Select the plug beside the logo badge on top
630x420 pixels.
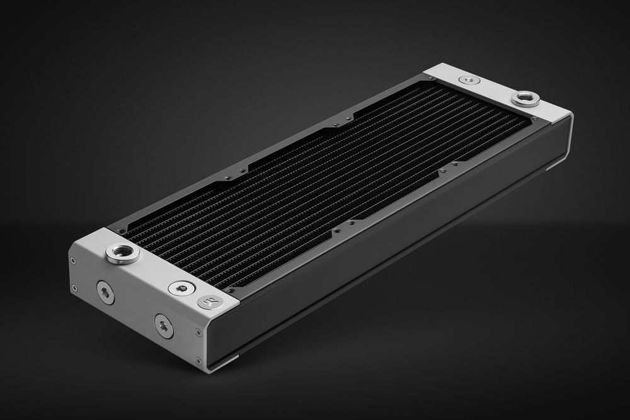(x=179, y=288)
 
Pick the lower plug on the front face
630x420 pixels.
(x=164, y=325)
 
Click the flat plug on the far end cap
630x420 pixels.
(x=469, y=80)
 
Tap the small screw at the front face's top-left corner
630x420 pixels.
(x=74, y=261)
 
